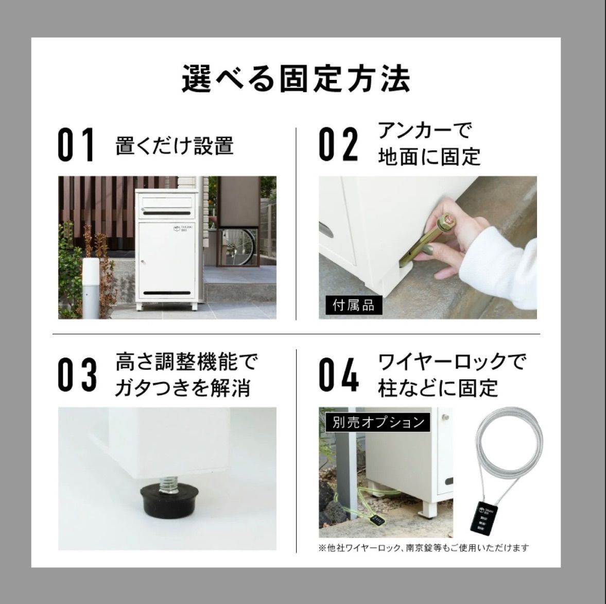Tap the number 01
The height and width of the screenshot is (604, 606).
coord(76,145)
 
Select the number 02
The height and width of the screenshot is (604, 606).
coord(338,145)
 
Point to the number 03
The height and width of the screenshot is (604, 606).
coord(76,376)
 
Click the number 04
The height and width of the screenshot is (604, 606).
coord(338,376)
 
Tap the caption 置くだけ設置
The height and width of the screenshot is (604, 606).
coord(175,146)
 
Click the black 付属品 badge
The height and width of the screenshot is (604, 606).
coord(354,305)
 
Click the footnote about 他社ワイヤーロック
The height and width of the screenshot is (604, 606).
coord(424,548)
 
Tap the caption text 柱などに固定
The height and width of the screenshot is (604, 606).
coord(438,388)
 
